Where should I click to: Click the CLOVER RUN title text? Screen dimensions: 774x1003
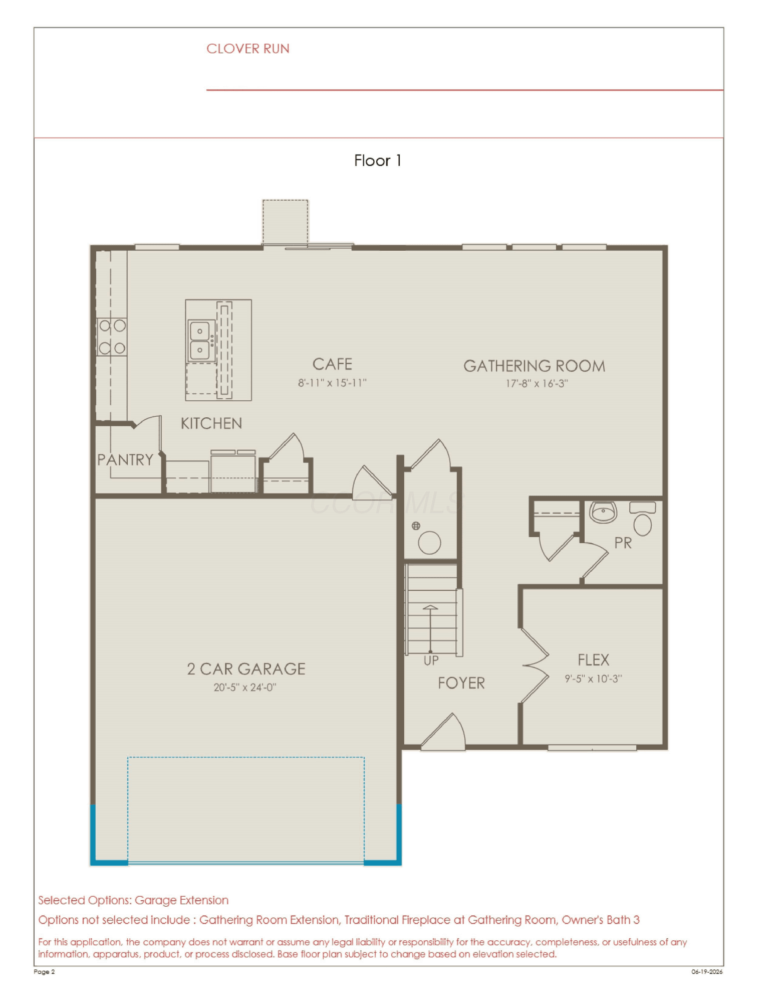tap(248, 49)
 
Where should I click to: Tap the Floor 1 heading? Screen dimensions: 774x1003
tap(377, 160)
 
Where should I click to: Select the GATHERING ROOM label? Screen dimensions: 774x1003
tap(534, 366)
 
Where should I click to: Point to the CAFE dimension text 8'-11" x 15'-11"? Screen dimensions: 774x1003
tap(332, 383)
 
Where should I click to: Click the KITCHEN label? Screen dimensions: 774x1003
tap(211, 424)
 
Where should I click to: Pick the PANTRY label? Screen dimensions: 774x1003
tap(125, 460)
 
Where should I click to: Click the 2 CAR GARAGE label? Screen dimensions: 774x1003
tap(246, 669)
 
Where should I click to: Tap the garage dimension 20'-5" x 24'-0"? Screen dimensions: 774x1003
tap(245, 688)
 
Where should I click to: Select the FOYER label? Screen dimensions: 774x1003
tap(461, 683)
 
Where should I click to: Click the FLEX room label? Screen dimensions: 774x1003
tap(593, 660)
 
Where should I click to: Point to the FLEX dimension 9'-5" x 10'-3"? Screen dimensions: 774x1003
tap(593, 679)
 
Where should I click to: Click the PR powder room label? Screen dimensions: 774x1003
tap(623, 543)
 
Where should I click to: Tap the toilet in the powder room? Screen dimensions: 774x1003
tap(642, 519)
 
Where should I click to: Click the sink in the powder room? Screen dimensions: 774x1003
tap(603, 512)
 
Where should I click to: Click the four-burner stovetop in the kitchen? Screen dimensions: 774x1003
tap(112, 337)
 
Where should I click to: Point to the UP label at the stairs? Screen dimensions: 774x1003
tap(431, 661)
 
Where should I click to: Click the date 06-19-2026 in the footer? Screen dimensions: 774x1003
tap(707, 972)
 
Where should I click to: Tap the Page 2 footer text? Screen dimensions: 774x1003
tap(44, 972)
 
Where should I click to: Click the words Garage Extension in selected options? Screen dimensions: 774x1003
tap(181, 900)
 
